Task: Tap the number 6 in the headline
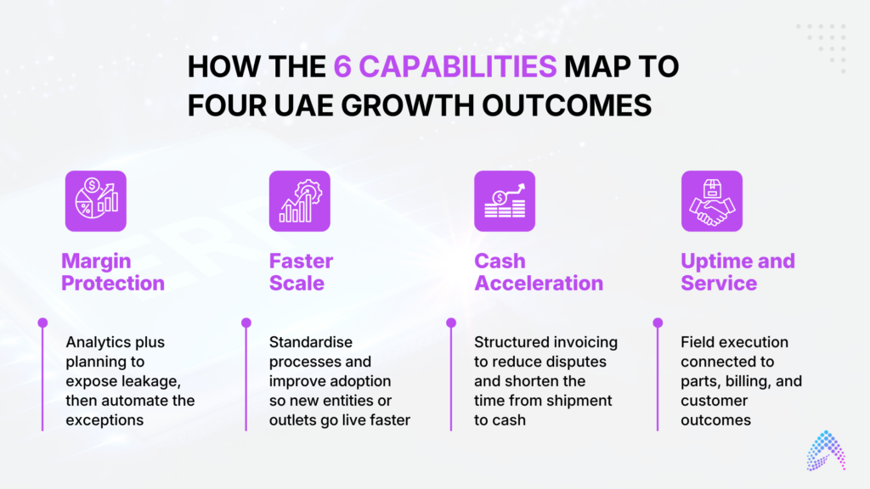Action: pos(342,67)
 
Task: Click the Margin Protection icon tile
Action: pos(96,200)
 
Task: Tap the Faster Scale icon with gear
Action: pos(300,200)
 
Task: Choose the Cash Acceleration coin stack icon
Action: pos(505,200)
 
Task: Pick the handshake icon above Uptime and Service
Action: pos(712,200)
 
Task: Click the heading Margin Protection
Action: pos(113,272)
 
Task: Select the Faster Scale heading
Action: pos(301,272)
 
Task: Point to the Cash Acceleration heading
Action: pos(538,272)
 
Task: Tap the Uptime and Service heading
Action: pos(737,272)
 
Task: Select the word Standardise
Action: pos(311,342)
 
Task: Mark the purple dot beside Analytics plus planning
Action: pos(42,323)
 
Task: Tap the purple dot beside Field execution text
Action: pos(658,323)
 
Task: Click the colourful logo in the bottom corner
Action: pos(826,451)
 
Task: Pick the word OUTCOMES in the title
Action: pos(567,105)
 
